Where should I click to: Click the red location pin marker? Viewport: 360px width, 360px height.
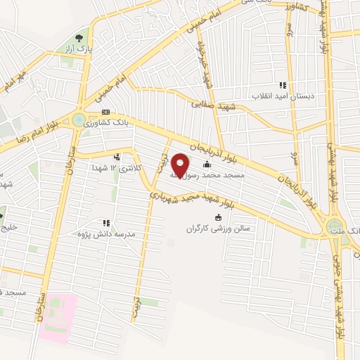point(181,165)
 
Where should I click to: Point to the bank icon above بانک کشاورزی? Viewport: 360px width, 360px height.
point(106,112)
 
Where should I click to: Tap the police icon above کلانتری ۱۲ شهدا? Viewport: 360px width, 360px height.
point(117,157)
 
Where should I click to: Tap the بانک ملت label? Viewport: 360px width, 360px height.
point(346,230)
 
